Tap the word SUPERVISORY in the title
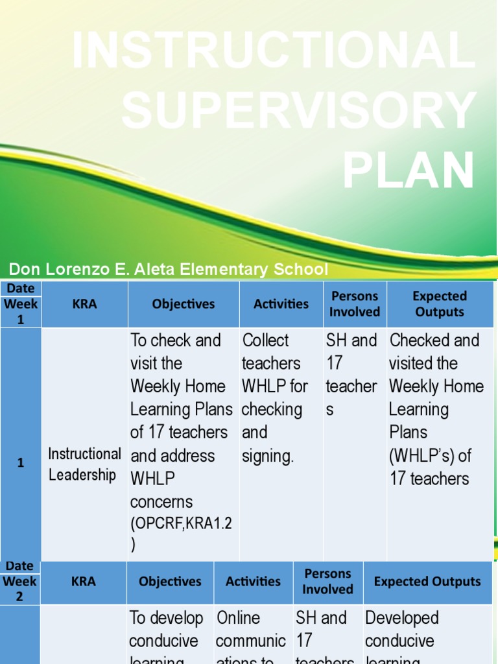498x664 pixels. [298, 110]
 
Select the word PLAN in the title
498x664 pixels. [409, 171]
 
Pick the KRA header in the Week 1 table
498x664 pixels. [85, 304]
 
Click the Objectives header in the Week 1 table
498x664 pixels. [183, 304]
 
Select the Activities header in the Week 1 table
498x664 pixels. [281, 304]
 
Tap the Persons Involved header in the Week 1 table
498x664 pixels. [355, 304]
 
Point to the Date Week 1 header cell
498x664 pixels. [21, 303]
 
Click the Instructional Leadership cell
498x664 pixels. [84, 464]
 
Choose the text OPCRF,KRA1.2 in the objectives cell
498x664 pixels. [181, 524]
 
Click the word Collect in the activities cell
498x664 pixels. [265, 340]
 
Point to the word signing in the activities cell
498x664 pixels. [267, 456]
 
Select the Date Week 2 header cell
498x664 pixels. [19, 582]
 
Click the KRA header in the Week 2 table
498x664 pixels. [84, 582]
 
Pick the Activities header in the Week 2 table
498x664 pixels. [253, 582]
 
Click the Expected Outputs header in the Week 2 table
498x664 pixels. [427, 582]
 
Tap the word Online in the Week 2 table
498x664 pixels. [239, 618]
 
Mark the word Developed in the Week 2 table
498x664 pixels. [402, 618]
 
